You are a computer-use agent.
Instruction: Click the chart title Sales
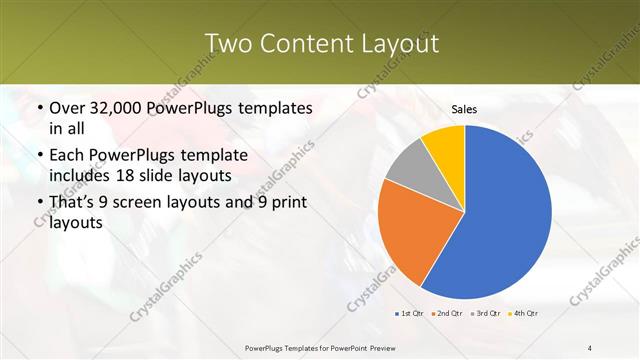pos(464,109)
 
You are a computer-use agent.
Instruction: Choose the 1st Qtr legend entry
pos(408,314)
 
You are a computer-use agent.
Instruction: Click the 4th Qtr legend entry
pos(526,314)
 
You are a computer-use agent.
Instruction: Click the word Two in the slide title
pos(229,43)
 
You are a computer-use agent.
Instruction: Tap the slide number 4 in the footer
pos(590,347)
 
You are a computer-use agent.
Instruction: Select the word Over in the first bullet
pos(68,107)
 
